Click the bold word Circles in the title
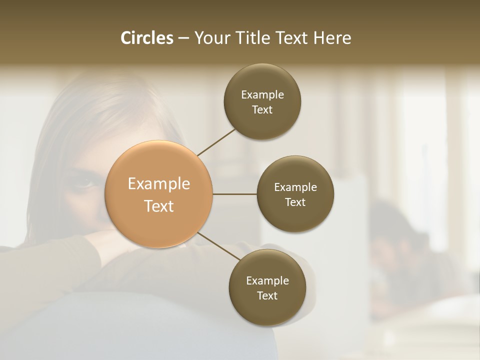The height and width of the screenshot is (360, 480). tap(147, 38)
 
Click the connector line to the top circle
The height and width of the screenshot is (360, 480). tap(217, 142)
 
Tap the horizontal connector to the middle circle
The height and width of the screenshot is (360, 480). tap(235, 194)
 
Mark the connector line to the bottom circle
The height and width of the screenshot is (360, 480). tap(219, 246)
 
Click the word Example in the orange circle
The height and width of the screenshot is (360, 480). tap(159, 184)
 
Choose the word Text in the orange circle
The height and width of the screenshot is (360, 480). tap(159, 206)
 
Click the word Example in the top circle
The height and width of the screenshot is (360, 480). tap(262, 94)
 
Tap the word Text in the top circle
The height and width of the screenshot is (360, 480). tap(262, 109)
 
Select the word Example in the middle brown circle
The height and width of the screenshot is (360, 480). tap(295, 187)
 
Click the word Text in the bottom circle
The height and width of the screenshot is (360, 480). tap(267, 295)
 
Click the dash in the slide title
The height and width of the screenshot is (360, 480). tap(183, 38)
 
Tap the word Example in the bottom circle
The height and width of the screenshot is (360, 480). tap(267, 280)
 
